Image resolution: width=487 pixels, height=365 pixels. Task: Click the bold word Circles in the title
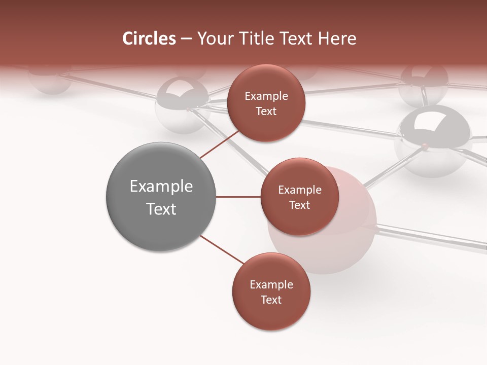pyautogui.click(x=149, y=39)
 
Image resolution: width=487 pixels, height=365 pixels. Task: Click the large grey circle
pyautogui.click(x=161, y=197)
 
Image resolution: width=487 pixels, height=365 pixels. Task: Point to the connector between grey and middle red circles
pyautogui.click(x=238, y=196)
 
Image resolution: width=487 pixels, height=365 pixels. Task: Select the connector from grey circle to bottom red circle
pyautogui.click(x=221, y=249)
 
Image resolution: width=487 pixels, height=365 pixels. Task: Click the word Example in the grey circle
pyautogui.click(x=161, y=187)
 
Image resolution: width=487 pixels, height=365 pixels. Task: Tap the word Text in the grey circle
pyautogui.click(x=161, y=209)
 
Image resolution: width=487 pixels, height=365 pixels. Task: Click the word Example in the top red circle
pyautogui.click(x=266, y=96)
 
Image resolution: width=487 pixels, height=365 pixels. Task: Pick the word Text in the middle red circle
pyautogui.click(x=299, y=205)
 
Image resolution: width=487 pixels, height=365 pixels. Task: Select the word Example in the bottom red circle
pyautogui.click(x=271, y=285)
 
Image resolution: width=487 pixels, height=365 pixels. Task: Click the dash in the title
pyautogui.click(x=186, y=39)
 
